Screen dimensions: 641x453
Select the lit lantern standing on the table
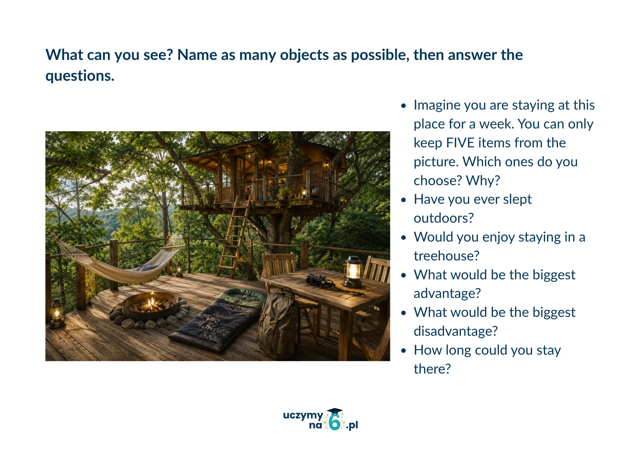[x=353, y=270]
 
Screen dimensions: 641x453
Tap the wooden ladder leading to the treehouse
[x=233, y=237]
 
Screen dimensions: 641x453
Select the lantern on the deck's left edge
[x=57, y=313]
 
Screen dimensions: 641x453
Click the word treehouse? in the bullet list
[x=446, y=256]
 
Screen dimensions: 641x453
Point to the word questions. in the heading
[x=80, y=76]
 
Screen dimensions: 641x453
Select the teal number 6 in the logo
[x=335, y=423]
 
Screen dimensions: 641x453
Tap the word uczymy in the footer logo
[x=303, y=416]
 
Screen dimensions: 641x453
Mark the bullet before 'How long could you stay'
[x=404, y=350]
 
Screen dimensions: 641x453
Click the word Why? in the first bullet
[x=483, y=181]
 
